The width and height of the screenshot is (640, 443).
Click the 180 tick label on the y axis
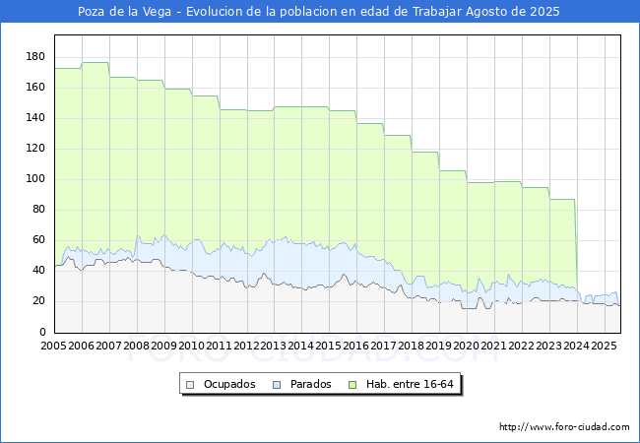point(35,57)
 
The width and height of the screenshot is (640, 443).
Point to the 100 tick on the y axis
point(35,178)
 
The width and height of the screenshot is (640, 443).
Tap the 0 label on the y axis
point(42,332)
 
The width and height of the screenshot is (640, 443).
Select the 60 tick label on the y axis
point(37,240)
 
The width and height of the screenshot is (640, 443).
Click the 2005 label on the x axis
point(53,346)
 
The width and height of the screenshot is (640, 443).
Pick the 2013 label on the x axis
point(273,346)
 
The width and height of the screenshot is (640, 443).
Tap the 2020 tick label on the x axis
point(466,346)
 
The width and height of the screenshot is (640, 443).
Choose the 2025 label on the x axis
point(604,346)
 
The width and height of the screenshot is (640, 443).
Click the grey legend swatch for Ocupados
point(190,385)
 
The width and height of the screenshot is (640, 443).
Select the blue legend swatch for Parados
point(277,385)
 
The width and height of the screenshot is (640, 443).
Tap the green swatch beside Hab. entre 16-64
point(352,385)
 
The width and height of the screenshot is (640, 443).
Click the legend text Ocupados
point(229,384)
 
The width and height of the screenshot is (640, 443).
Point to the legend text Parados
point(310,384)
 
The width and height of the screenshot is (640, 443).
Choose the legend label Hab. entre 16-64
point(410,384)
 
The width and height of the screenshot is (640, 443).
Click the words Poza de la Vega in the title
point(124,12)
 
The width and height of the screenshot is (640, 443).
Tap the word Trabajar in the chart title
point(437,12)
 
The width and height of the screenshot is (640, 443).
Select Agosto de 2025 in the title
point(513,12)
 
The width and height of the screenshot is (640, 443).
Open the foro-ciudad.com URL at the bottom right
point(564,427)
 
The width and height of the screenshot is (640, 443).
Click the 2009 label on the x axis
point(163,346)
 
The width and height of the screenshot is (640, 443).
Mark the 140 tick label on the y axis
point(35,118)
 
